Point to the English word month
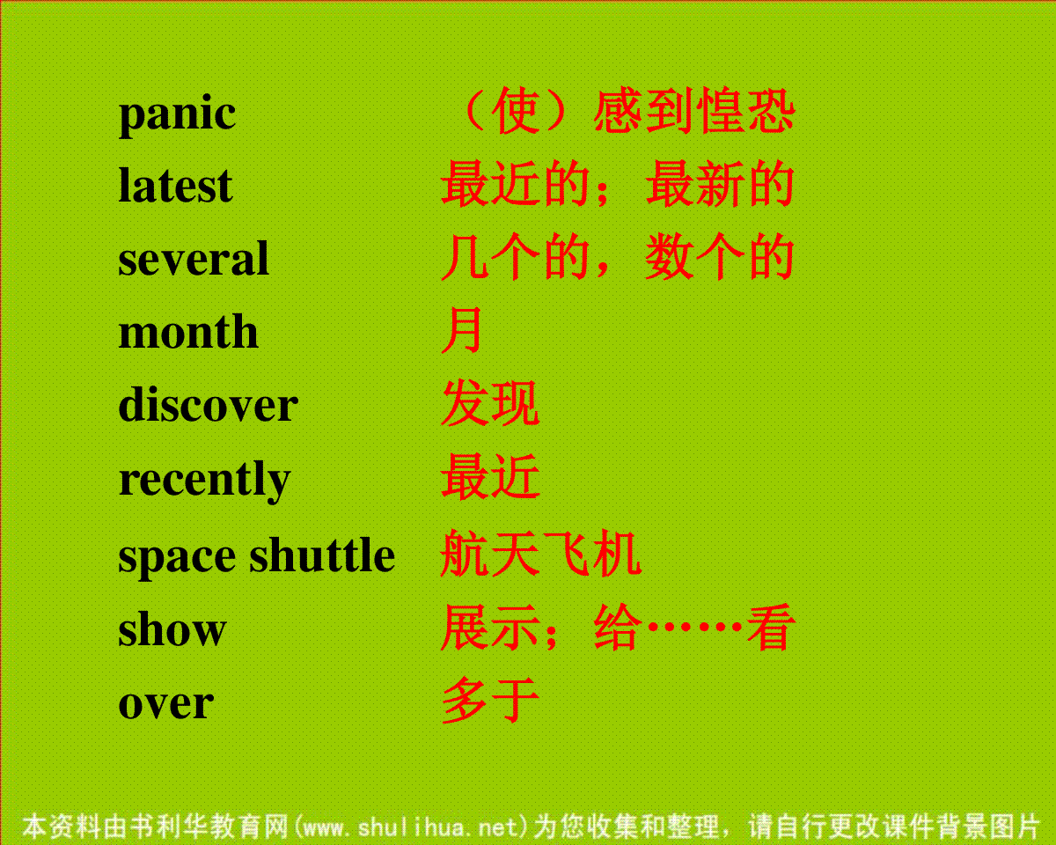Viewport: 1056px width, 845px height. tap(188, 332)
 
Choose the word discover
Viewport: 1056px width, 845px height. tap(208, 404)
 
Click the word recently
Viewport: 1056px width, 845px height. tap(205, 481)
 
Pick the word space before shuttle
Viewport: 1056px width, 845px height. tap(177, 558)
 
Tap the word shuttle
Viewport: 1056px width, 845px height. tap(322, 555)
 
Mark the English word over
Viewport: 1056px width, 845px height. tap(166, 704)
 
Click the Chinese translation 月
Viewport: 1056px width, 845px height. tap(461, 330)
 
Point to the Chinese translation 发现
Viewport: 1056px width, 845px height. tap(491, 402)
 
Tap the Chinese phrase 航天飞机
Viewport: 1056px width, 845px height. tap(541, 553)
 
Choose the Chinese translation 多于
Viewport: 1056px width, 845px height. tap(491, 700)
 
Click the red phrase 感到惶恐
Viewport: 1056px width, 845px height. tap(693, 111)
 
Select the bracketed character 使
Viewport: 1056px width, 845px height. tap(516, 111)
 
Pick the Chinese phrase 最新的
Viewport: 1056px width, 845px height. tap(720, 184)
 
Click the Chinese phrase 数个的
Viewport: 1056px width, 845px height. tap(720, 257)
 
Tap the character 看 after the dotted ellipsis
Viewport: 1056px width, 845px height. tap(770, 627)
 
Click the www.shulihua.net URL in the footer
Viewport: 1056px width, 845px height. tap(409, 827)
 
